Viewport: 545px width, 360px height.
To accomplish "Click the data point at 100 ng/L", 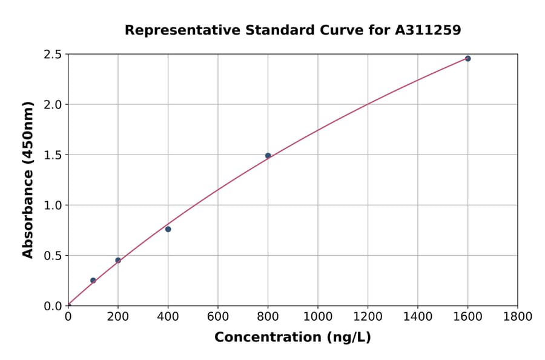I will click(x=93, y=281).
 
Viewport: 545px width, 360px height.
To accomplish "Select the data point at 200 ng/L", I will click(x=118, y=261).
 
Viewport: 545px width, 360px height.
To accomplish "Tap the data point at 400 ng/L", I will click(x=168, y=229).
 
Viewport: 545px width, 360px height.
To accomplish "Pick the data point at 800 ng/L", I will click(x=268, y=156).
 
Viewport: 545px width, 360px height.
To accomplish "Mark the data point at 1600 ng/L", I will click(x=467, y=59).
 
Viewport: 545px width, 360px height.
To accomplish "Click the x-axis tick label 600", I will click(x=218, y=316).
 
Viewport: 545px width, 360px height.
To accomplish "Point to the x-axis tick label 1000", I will click(x=318, y=316).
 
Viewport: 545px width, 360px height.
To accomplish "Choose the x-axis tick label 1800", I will click(x=518, y=316).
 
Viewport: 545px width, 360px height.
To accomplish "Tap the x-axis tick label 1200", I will click(x=368, y=316).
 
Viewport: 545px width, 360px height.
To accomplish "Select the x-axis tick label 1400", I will click(x=418, y=316).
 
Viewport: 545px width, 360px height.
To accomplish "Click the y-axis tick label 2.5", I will click(x=53, y=55).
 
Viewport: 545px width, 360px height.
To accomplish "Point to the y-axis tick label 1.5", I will click(x=53, y=155).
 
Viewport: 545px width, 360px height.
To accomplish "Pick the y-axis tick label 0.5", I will click(x=53, y=256).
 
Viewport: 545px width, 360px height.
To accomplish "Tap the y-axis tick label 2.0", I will click(x=53, y=105).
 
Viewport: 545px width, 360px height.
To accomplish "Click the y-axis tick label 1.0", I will click(x=53, y=205).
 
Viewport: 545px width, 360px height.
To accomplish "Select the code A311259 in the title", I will click(x=428, y=30).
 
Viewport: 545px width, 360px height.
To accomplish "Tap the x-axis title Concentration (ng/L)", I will click(x=292, y=337).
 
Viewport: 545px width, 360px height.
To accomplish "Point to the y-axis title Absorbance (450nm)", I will click(x=28, y=179).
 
